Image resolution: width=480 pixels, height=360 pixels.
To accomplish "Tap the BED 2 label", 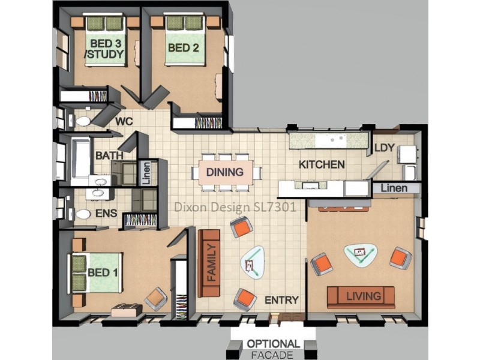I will pyautogui.click(x=182, y=47).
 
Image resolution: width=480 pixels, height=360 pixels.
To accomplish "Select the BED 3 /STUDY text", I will pyautogui.click(x=105, y=49).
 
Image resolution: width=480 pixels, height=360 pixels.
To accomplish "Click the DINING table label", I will pyautogui.click(x=225, y=172).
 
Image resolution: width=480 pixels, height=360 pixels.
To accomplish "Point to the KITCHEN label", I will pyautogui.click(x=322, y=164).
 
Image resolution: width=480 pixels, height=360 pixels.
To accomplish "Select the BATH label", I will pyautogui.click(x=109, y=156).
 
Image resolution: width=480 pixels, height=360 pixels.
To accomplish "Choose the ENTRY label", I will pyautogui.click(x=281, y=300).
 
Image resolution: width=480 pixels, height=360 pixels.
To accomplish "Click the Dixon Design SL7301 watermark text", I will pyautogui.click(x=235, y=208).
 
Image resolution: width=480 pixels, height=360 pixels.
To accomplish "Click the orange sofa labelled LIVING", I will pyautogui.click(x=361, y=296).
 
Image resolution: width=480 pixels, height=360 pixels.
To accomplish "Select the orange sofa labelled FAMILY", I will pyautogui.click(x=210, y=263).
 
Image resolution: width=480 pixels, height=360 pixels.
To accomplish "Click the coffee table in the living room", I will pyautogui.click(x=360, y=255).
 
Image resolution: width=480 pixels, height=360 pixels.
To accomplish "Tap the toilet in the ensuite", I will pyautogui.click(x=83, y=214).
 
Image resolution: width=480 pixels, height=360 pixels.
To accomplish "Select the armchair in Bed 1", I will pyautogui.click(x=156, y=297).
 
